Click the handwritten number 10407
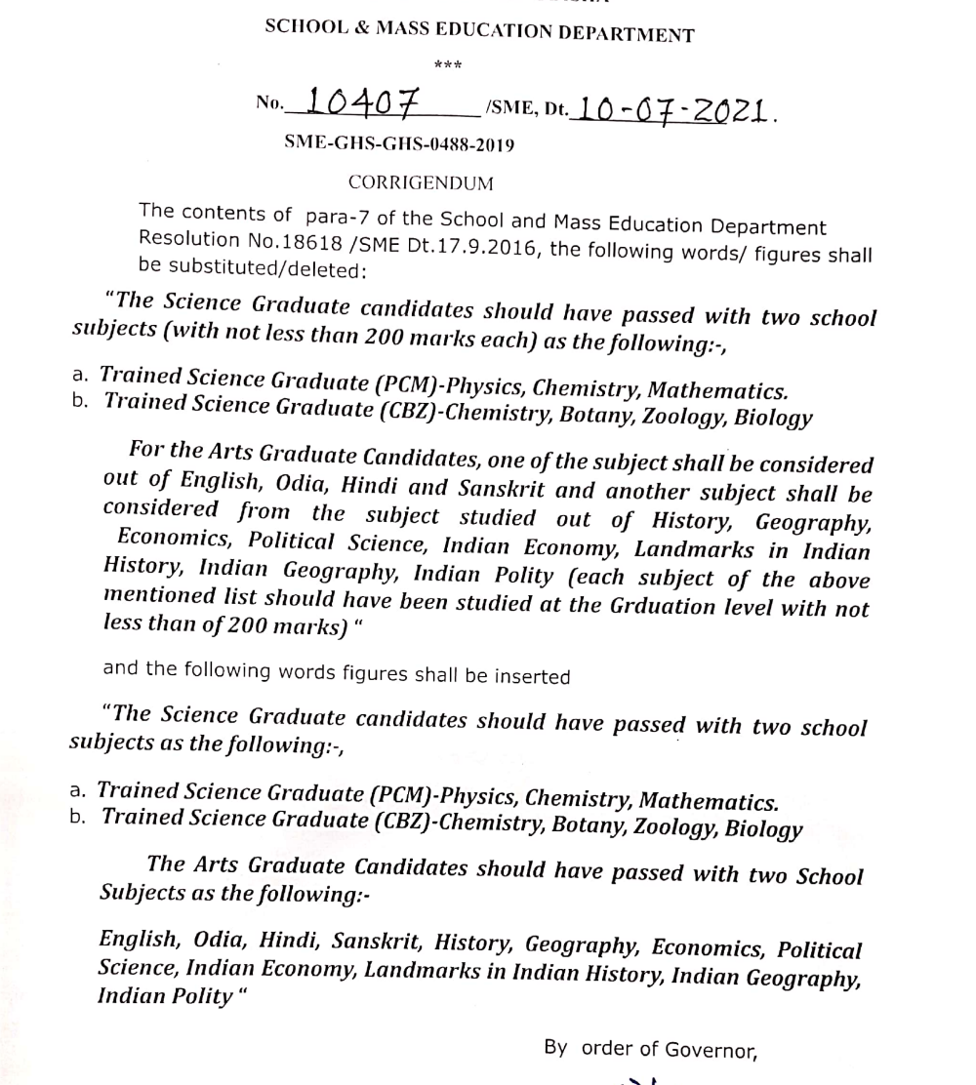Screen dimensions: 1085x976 tap(362, 101)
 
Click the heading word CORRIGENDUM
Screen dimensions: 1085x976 tap(421, 183)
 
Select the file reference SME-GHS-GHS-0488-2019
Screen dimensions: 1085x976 tap(399, 143)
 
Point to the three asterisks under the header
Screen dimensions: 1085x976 tap(447, 66)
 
